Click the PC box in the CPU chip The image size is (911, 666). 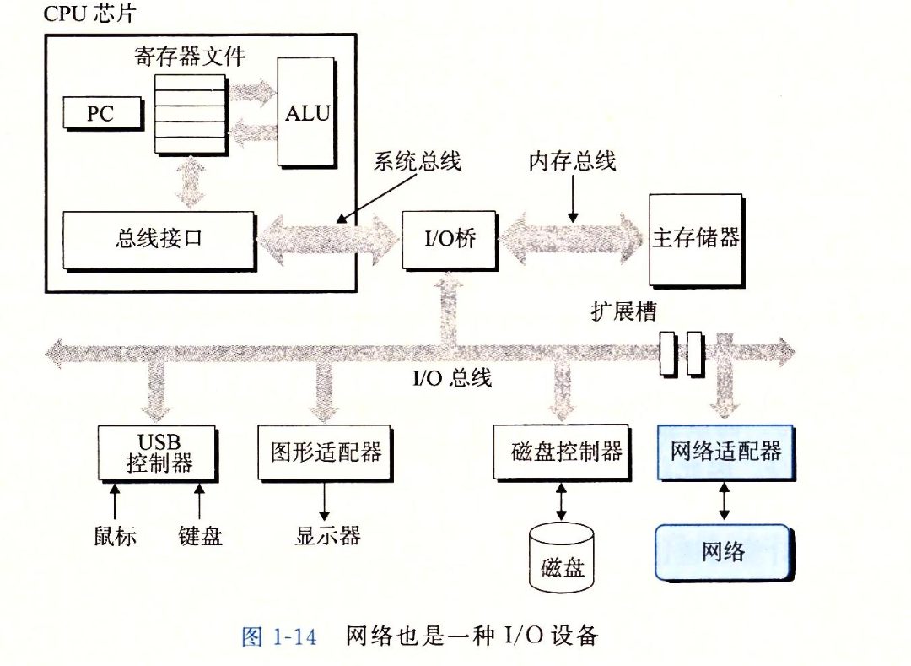tap(100, 113)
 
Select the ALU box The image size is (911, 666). tap(306, 113)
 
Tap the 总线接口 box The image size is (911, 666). tap(159, 239)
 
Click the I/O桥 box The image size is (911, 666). tap(449, 239)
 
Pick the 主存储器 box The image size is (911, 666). tap(695, 239)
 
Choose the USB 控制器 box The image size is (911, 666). tap(159, 453)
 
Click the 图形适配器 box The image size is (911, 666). tap(325, 452)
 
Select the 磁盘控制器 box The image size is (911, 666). tap(561, 452)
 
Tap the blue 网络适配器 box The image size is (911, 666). tap(725, 452)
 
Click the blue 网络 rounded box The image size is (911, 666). tap(723, 552)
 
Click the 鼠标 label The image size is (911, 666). tap(116, 536)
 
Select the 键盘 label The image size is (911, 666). tap(201, 536)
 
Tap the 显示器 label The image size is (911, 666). tap(327, 536)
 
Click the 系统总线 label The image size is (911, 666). tap(417, 162)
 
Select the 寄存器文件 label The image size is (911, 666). tap(191, 57)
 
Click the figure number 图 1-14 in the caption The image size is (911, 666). tap(279, 636)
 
